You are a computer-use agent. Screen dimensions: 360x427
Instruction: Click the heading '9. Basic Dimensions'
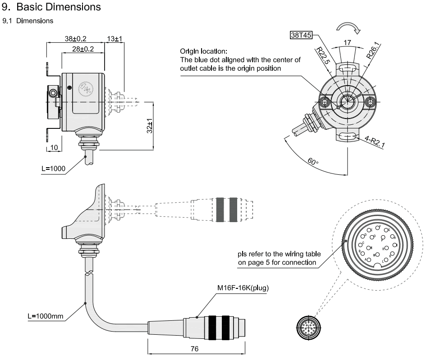coord(51,8)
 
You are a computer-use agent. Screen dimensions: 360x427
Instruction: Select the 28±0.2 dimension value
coord(83,49)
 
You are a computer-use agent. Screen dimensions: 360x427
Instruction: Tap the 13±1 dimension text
coord(115,38)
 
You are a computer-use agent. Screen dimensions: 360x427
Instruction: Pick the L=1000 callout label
coord(54,169)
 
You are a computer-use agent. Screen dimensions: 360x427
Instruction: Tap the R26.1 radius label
coord(373,50)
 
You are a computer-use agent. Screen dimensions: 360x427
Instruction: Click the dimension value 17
coord(347,43)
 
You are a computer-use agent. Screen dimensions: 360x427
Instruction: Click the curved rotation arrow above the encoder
coord(350,27)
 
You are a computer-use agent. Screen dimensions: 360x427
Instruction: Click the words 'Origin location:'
coord(203,51)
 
